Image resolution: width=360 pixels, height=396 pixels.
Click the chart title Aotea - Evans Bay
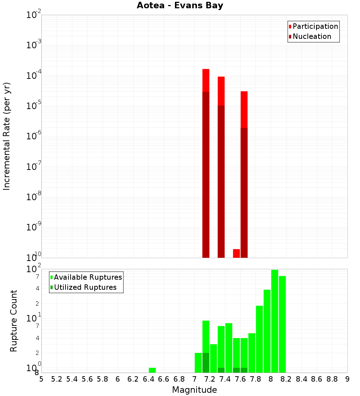(x=180, y=5)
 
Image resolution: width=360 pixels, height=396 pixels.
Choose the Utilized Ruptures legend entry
(x=85, y=287)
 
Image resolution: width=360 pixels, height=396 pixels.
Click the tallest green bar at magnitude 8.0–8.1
(x=275, y=320)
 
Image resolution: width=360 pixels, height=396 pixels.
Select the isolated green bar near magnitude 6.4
(x=152, y=370)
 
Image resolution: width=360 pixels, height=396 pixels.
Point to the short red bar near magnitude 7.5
(x=237, y=253)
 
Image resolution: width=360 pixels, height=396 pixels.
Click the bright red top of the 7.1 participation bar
(x=206, y=80)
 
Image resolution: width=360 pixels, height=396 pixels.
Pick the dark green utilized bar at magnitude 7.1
(x=206, y=363)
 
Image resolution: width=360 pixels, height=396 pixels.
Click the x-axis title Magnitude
(x=194, y=390)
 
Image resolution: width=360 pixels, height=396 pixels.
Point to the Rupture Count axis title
(x=14, y=320)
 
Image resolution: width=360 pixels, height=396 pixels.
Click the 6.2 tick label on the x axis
(x=133, y=379)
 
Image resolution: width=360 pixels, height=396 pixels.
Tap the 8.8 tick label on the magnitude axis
(x=332, y=379)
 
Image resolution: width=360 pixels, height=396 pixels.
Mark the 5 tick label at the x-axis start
(x=41, y=379)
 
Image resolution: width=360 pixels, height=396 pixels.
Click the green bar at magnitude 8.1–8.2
(x=282, y=324)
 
